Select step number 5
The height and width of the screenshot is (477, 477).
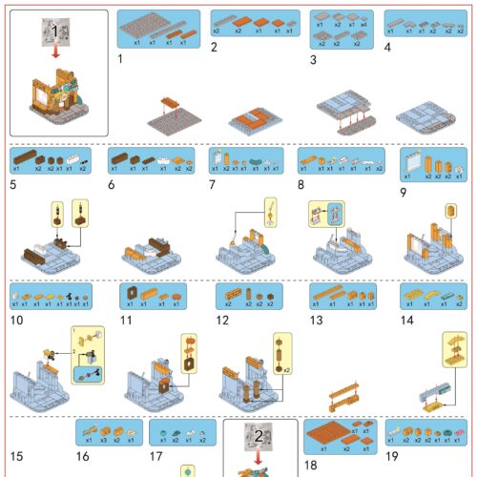[14, 182]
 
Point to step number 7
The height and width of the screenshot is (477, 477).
[213, 182]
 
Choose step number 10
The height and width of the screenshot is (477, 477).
[16, 320]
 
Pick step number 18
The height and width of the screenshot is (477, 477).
[310, 465]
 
